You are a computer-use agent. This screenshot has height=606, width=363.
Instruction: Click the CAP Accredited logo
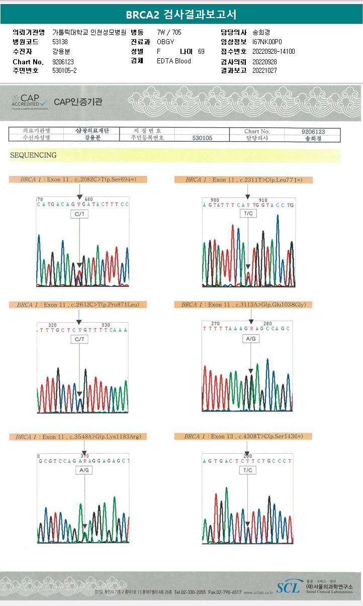point(31,102)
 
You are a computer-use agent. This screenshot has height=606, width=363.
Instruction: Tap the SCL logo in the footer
point(288,586)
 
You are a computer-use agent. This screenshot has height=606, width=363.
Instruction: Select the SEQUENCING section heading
point(33,155)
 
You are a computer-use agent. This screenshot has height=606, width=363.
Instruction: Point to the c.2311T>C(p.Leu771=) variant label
point(243,179)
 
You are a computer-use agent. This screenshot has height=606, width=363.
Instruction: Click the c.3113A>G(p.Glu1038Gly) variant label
point(243,305)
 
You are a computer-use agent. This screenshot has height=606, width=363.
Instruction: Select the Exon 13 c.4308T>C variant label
point(243,437)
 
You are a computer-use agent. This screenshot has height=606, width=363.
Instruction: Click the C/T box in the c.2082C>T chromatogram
point(79,214)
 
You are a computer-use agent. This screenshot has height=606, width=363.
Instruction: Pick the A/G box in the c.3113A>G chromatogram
point(250,339)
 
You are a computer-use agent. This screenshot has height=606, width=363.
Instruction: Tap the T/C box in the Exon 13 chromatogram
point(247,470)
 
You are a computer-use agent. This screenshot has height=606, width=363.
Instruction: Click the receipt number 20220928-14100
point(274,51)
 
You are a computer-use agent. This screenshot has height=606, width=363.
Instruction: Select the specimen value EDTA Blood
point(174,61)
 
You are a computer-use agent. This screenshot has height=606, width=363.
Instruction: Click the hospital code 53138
point(60,42)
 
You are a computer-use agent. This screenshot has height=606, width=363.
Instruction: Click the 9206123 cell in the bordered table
point(313,132)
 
